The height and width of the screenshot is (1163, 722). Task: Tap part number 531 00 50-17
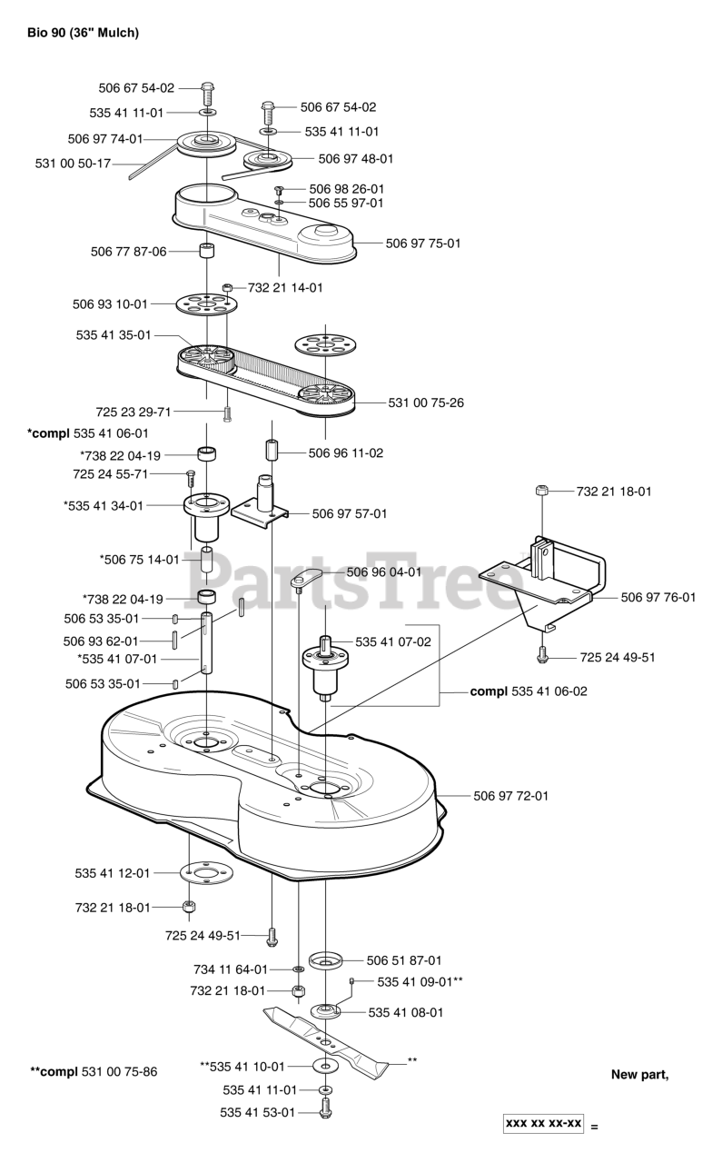73,164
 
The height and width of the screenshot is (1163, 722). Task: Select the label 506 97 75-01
423,244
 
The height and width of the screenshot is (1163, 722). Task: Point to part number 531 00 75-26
426,403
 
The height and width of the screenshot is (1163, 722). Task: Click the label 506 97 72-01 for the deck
511,796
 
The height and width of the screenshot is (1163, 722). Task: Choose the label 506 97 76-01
658,597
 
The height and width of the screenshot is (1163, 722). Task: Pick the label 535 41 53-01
258,1112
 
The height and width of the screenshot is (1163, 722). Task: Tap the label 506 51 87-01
404,959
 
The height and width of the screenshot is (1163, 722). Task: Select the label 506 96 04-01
384,572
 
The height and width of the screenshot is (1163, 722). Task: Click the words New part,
639,1075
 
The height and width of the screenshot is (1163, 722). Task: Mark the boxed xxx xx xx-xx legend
543,1123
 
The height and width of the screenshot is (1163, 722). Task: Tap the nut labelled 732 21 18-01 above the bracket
540,492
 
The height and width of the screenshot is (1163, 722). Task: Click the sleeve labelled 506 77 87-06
207,251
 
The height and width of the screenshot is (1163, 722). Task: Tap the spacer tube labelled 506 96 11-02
272,451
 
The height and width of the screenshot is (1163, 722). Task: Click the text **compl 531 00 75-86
94,1072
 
